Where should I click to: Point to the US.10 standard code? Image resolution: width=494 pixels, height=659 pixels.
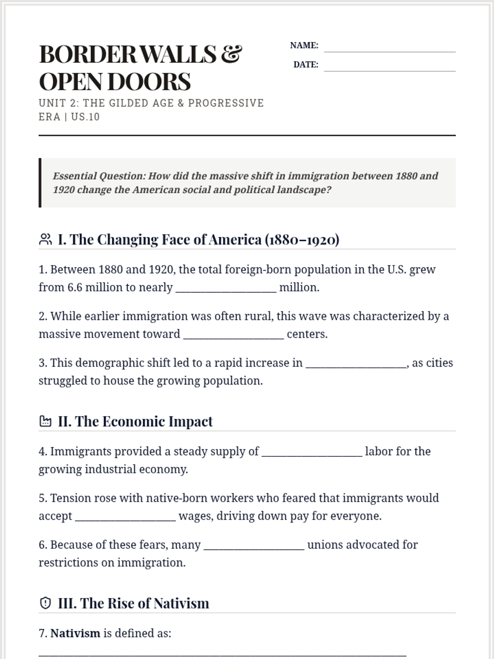85,117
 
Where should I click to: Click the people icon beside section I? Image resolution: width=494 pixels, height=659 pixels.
45,239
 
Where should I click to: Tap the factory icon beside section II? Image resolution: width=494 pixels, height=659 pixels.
45,421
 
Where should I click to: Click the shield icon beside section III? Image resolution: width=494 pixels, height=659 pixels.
45,603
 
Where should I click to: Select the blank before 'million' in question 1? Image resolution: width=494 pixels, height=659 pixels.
226,288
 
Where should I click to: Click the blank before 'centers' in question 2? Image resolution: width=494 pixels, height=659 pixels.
233,335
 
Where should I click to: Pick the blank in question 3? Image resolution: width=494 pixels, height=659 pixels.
356,364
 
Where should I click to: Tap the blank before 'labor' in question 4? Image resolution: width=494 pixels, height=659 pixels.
312,452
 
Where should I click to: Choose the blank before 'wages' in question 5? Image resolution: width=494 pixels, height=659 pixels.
126,517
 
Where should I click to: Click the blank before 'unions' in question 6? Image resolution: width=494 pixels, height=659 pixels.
254,546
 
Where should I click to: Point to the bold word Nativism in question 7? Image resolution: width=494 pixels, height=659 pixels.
75,633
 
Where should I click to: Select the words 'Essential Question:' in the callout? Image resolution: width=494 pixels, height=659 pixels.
99,176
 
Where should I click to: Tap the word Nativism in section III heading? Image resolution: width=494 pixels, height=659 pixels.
181,603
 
